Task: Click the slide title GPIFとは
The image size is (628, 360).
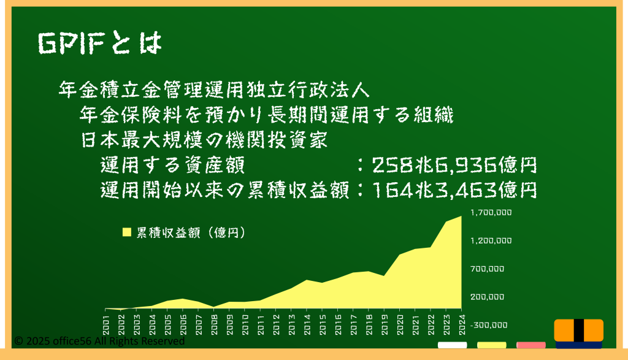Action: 100,43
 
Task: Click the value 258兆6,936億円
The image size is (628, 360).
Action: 454,165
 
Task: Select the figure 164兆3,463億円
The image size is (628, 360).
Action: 454,190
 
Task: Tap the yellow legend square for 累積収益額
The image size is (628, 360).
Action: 126,232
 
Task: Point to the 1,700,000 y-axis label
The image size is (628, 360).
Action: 491,212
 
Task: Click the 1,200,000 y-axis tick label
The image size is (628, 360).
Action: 491,240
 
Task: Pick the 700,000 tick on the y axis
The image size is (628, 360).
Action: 487,269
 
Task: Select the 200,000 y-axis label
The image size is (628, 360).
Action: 487,297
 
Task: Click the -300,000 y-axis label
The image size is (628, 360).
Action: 489,325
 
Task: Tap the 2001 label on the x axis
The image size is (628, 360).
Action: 106,324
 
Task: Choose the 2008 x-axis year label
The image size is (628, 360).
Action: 215,324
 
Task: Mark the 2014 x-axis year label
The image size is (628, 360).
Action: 307,324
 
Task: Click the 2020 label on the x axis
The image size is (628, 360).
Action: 400,324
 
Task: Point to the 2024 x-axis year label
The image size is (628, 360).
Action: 462,324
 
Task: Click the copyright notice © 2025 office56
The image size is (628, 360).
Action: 99,341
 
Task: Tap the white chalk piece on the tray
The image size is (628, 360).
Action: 452,345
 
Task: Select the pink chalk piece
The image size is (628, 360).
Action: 530,345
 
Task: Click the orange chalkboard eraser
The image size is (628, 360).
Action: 579,332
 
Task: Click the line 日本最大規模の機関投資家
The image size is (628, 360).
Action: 204,140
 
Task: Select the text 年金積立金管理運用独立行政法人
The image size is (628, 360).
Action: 214,90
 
